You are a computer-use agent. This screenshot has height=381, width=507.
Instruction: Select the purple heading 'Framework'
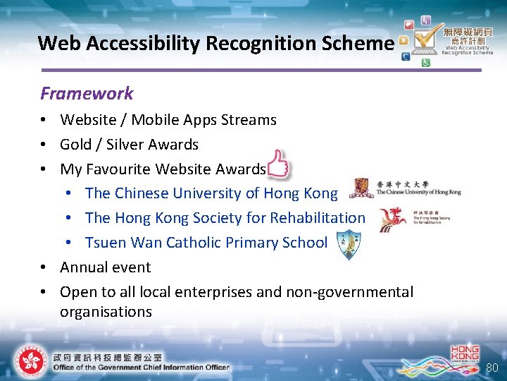[87, 93]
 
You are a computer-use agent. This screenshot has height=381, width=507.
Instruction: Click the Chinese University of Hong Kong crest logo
[362, 189]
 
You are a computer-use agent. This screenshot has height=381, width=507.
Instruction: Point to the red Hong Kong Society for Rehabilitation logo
[392, 219]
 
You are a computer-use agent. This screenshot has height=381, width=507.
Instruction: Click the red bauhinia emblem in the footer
[30, 361]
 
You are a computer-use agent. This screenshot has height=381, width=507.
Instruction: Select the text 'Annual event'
[106, 267]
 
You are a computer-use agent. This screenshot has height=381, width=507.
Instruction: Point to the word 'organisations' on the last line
[106, 312]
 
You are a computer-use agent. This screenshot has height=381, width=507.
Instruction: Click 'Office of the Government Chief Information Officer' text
[142, 367]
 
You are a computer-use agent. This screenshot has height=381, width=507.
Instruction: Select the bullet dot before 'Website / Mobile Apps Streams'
[44, 121]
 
